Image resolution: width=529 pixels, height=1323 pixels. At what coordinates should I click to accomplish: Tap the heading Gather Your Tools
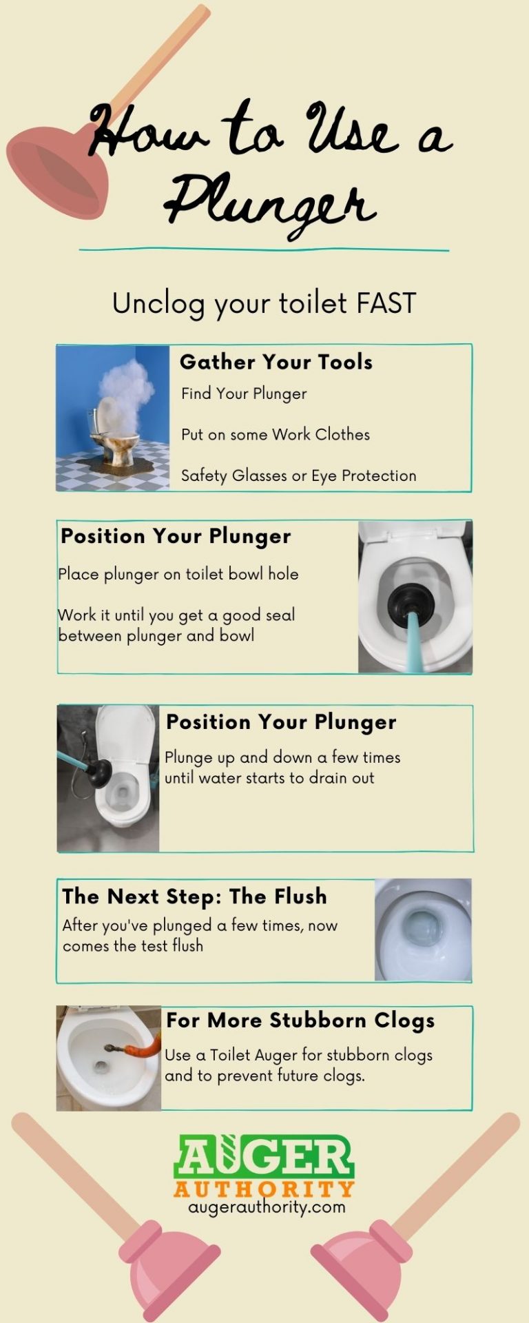(x=276, y=362)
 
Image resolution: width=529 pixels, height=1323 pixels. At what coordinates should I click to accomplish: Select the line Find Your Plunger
(x=244, y=393)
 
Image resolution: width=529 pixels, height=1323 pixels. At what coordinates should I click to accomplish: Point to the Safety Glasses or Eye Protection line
(x=298, y=475)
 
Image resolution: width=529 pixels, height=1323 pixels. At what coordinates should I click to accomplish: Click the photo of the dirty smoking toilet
(x=113, y=418)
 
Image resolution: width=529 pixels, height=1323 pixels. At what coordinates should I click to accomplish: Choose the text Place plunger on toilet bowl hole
(x=178, y=574)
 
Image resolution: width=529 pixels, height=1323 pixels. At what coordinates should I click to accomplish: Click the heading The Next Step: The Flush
(x=194, y=896)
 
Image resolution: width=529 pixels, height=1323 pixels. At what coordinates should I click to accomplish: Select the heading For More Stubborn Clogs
(x=300, y=1021)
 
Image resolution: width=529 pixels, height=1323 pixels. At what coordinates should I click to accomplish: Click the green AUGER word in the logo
(x=264, y=1158)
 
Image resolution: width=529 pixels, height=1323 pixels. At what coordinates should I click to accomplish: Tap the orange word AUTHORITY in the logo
(x=264, y=1189)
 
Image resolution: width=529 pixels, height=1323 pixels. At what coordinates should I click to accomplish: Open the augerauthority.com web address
(x=267, y=1207)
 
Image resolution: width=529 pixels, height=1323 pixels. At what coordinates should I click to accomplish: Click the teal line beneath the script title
(x=264, y=249)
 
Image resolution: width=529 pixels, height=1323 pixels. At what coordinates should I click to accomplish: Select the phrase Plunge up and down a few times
(x=282, y=757)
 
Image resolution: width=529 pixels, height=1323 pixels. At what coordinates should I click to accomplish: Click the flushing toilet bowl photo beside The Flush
(x=423, y=930)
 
